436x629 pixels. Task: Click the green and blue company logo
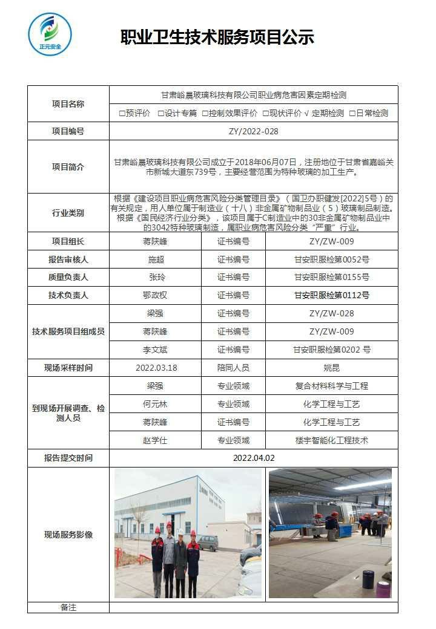tap(50, 34)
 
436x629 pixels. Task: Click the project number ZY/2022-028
tap(253, 131)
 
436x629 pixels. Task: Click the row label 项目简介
tap(68, 167)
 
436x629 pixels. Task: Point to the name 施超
tap(156, 259)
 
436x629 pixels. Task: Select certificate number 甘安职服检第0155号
tap(331, 278)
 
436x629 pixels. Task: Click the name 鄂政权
tap(156, 296)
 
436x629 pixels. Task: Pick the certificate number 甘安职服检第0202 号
tap(331, 350)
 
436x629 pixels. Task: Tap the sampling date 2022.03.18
tap(156, 368)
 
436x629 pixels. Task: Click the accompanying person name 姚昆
tap(331, 368)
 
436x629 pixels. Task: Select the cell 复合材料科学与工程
tap(331, 386)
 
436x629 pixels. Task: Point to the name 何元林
tap(156, 404)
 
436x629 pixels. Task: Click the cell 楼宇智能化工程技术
tap(331, 440)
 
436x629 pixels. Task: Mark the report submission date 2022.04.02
tap(253, 458)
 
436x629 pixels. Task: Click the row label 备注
tap(68, 607)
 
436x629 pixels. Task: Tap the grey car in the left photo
tap(208, 543)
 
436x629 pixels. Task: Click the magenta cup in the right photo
tap(383, 588)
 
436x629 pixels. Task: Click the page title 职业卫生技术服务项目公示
tap(217, 37)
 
